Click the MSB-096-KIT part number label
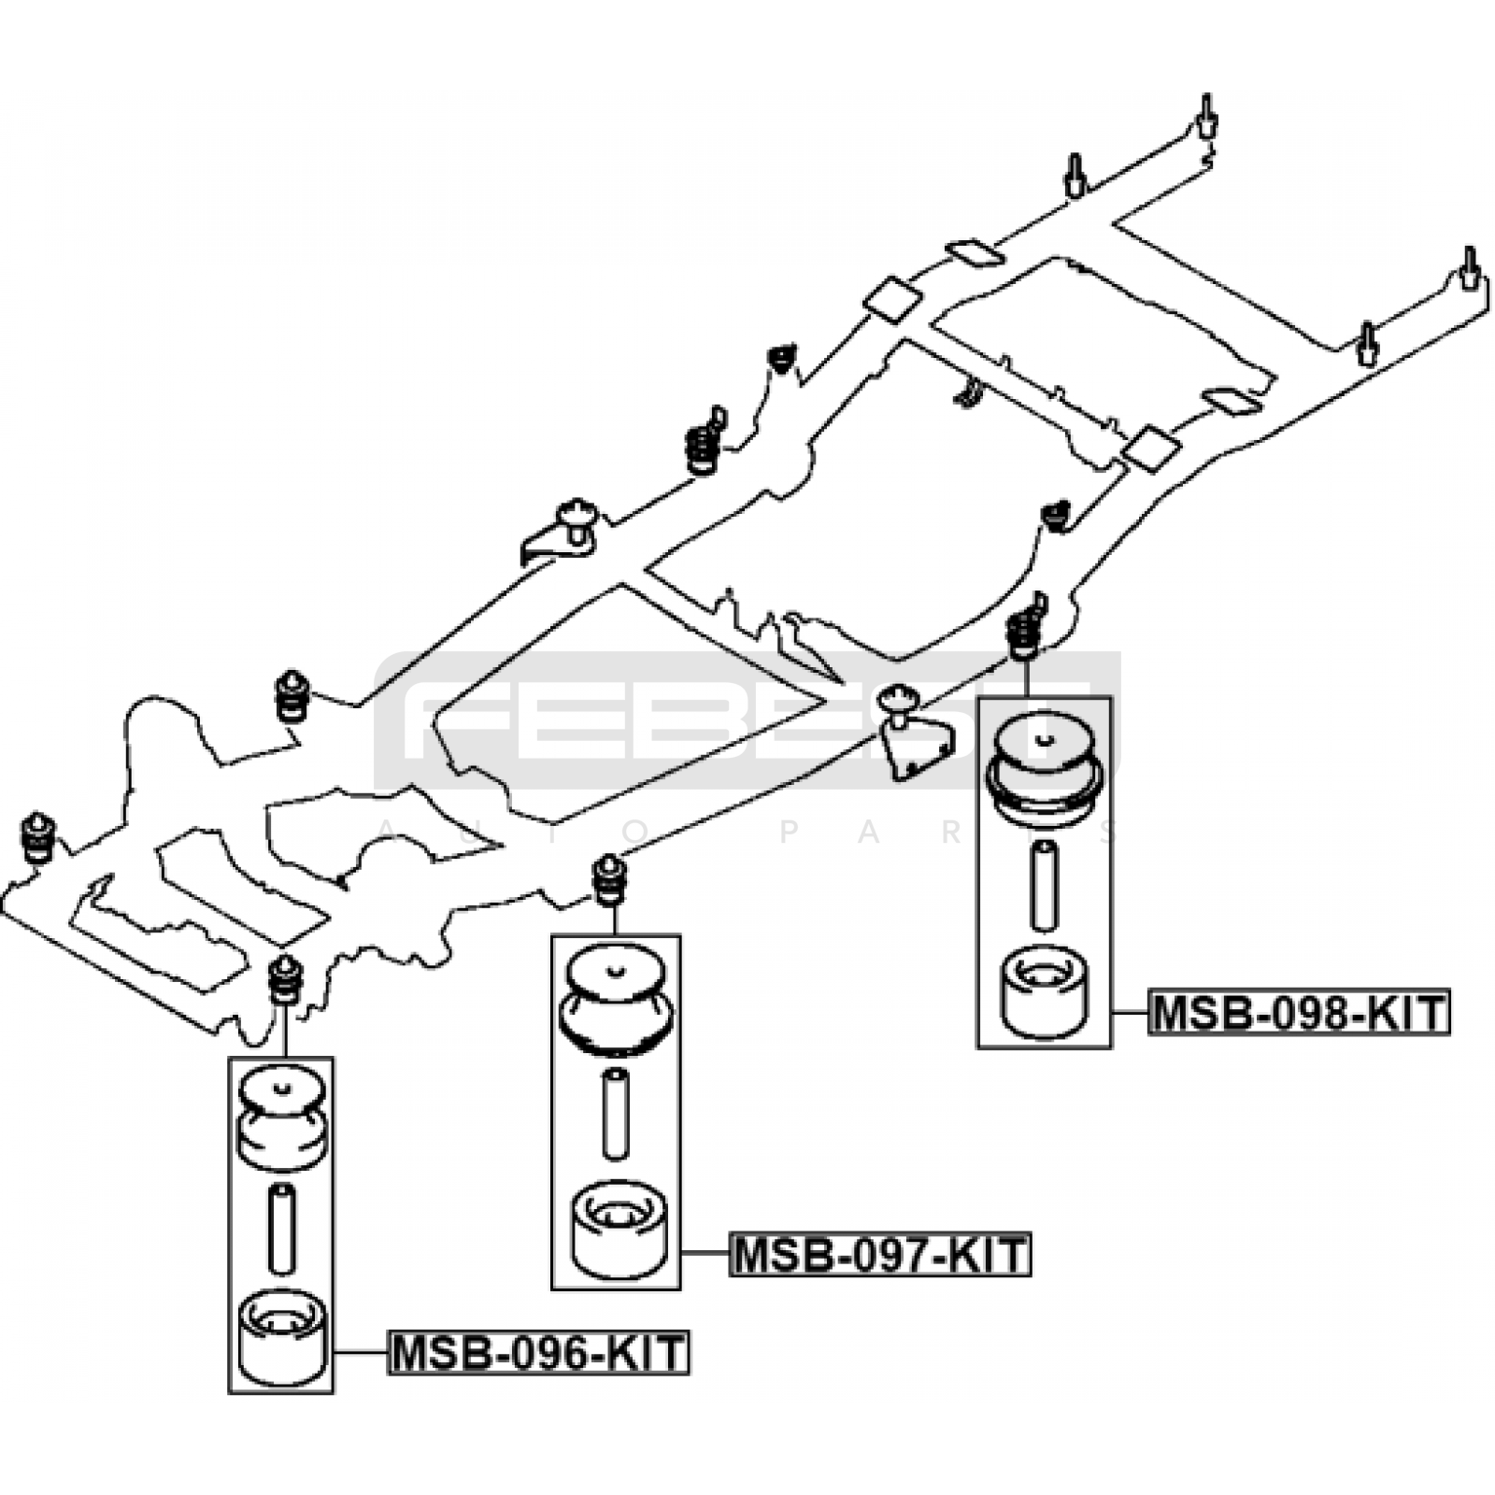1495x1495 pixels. pos(538,1352)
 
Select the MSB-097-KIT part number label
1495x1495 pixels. pos(879,1254)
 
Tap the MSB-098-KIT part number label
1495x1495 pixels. pos(1299,1012)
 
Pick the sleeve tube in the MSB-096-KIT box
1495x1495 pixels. pos(281,1229)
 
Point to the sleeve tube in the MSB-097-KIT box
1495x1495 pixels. pos(615,1114)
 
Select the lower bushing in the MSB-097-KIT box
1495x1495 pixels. pos(618,1229)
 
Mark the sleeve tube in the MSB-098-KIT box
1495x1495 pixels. pos(1044,885)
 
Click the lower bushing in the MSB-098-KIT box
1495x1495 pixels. pos(1044,993)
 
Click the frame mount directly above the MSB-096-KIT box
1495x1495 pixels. pos(285,979)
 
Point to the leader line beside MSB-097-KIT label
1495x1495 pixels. pos(705,1253)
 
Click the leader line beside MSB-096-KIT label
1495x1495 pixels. pos(361,1352)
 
